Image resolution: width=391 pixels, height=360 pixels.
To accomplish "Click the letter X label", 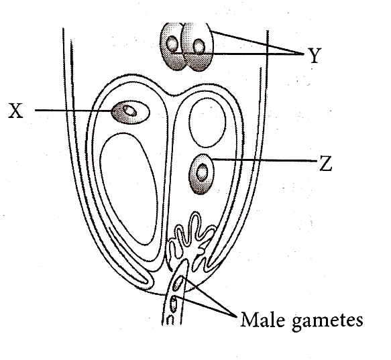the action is tap(15, 111).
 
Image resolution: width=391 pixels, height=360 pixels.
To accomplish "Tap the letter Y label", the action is tap(315, 56).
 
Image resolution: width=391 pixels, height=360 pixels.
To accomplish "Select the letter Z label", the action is tap(326, 164).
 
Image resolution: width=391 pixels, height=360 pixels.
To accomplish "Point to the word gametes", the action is tap(327, 321).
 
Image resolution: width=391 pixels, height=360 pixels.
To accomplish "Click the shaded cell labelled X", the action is tap(130, 112).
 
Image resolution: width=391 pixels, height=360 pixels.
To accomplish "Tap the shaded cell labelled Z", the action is tap(202, 174).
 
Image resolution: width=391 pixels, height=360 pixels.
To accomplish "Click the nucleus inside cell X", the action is tap(130, 111).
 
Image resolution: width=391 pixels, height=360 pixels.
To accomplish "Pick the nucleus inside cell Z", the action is tap(202, 172).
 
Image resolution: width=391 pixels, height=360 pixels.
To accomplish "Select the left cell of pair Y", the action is tap(172, 47).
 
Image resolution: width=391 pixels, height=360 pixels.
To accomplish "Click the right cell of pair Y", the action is tap(197, 48).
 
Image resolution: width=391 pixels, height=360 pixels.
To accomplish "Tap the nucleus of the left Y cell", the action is tap(172, 44).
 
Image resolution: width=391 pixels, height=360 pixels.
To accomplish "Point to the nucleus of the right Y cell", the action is tap(199, 47).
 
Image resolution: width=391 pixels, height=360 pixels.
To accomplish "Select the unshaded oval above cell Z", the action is tap(208, 122).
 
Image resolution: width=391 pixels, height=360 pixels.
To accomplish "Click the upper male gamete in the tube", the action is tap(178, 283).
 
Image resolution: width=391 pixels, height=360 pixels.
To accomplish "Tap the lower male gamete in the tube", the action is tap(173, 304).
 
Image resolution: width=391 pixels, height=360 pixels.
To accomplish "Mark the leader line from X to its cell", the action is tap(73, 110).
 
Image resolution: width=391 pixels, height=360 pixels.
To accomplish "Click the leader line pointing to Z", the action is tap(264, 160).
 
